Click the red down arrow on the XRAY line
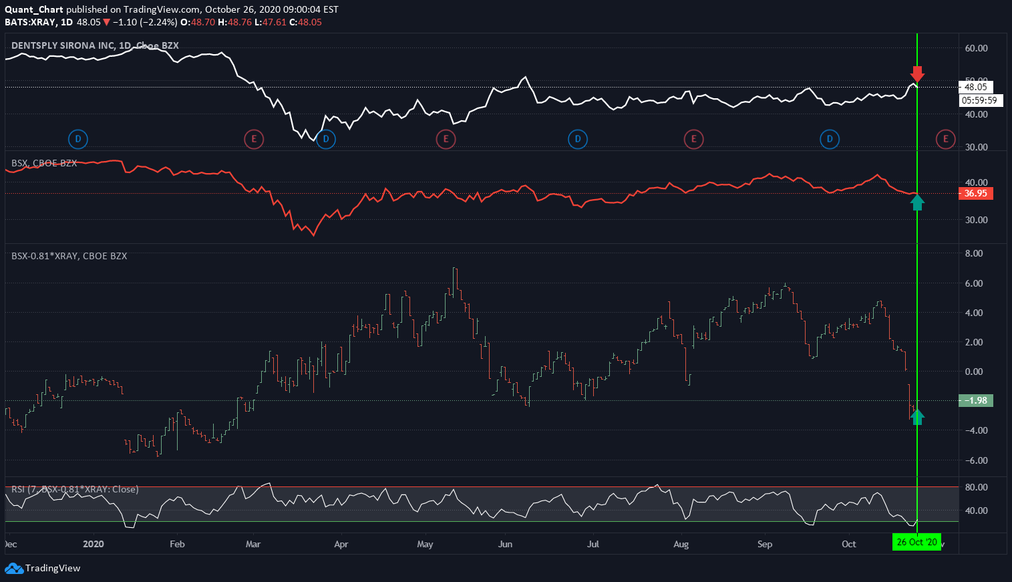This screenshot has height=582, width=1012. [917, 74]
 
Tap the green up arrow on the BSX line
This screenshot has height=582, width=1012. [917, 202]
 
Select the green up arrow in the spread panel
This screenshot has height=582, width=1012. [917, 416]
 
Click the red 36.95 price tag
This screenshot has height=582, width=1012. [975, 194]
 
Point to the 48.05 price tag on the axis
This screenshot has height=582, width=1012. [975, 87]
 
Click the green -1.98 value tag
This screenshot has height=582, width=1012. [975, 401]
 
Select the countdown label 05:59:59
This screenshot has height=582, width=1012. [979, 101]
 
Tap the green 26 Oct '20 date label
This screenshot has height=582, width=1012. [916, 542]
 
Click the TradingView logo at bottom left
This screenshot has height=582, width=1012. [43, 569]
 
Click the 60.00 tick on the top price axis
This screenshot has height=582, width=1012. [976, 49]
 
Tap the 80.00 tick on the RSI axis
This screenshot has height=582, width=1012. [976, 488]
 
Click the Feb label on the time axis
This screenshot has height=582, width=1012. [177, 544]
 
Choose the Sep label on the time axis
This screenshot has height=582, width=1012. [765, 544]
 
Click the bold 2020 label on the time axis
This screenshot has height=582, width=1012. [94, 544]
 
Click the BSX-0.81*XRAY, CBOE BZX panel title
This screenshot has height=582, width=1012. [69, 256]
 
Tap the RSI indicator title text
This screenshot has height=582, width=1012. [75, 489]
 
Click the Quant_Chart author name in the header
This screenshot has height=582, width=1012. [34, 9]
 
